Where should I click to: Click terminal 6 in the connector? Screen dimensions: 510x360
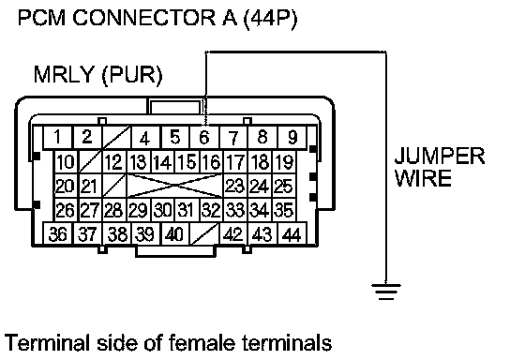(204, 137)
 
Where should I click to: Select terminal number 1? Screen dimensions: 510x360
(58, 137)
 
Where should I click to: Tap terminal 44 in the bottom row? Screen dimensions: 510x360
(292, 233)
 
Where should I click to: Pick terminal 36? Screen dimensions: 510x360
(58, 233)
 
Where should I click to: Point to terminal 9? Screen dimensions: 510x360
(292, 137)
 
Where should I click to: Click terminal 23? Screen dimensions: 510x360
(234, 186)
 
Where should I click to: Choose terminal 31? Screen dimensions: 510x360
(187, 210)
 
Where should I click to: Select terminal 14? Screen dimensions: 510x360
(163, 161)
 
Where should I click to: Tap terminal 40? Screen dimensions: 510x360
(175, 233)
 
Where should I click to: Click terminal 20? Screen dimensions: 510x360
(66, 186)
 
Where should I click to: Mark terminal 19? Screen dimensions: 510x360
(284, 161)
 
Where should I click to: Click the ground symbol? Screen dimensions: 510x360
(386, 291)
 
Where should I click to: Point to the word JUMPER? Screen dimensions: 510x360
(440, 157)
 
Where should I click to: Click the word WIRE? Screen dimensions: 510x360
(423, 178)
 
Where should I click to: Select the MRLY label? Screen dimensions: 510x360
(64, 74)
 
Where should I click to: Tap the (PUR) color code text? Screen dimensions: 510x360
(132, 75)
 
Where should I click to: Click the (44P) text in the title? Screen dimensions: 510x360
(270, 18)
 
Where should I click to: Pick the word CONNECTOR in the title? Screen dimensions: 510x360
(143, 18)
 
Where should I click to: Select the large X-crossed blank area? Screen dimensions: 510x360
(175, 186)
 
